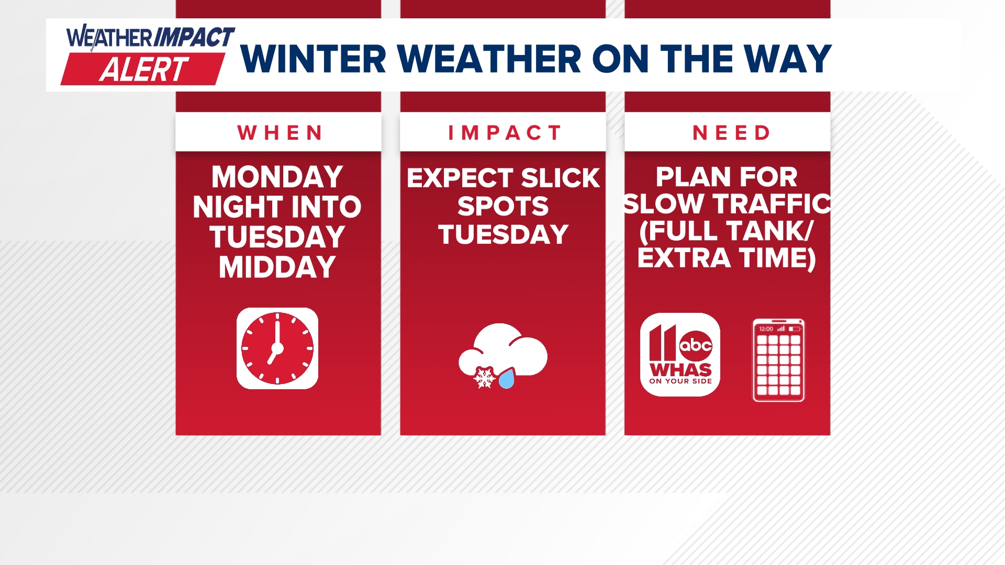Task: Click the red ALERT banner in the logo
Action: click(142, 70)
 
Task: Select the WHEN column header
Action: click(280, 133)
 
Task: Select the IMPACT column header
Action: click(505, 133)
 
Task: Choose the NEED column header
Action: click(731, 133)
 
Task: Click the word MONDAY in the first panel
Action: click(277, 177)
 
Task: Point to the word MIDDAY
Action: click(277, 267)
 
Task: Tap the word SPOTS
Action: click(503, 207)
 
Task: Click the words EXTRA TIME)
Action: click(727, 258)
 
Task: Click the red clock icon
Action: click(277, 348)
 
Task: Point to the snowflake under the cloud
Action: click(484, 377)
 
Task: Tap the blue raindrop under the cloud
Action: click(507, 379)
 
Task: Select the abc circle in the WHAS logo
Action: click(695, 345)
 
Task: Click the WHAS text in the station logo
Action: click(680, 370)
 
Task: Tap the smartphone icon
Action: click(778, 360)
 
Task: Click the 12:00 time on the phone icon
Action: click(766, 329)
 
